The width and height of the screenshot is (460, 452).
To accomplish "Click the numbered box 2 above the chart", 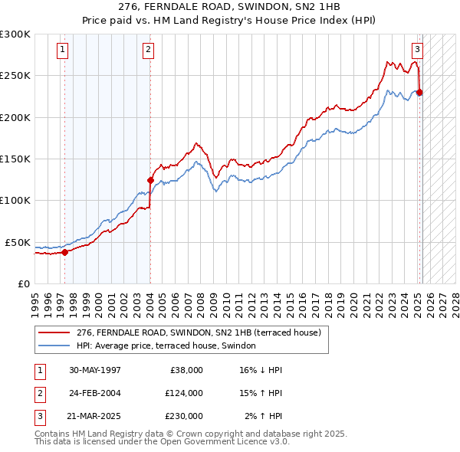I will coord(148,51).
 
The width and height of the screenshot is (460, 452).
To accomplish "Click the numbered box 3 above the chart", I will coord(417,51).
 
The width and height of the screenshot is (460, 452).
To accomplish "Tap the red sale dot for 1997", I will coord(64,251).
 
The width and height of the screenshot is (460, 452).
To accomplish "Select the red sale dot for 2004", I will coord(150,180).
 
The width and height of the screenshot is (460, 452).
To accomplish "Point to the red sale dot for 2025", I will coord(419,92).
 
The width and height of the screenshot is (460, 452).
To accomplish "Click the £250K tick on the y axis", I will coord(16,76).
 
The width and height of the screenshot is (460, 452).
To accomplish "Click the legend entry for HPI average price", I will coord(170,346).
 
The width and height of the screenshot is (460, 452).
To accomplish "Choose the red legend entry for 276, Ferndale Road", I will coord(203,332).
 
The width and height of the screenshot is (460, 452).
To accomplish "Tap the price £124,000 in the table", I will coord(183,393).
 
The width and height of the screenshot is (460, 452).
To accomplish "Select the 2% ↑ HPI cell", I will coord(264,416).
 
